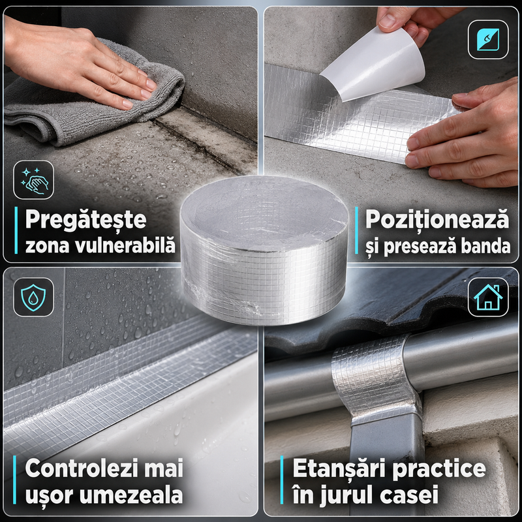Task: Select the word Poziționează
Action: pyautogui.click(x=437, y=220)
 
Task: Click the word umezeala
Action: pyautogui.click(x=131, y=495)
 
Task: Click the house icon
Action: pyautogui.click(x=488, y=297)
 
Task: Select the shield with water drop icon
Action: pyautogui.click(x=33, y=298)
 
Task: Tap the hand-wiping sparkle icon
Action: pyautogui.click(x=34, y=181)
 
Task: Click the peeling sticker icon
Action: pyautogui.click(x=488, y=40)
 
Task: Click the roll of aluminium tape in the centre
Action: pyautogui.click(x=264, y=250)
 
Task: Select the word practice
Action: pyautogui.click(x=439, y=469)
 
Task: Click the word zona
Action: pyautogui.click(x=47, y=247)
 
